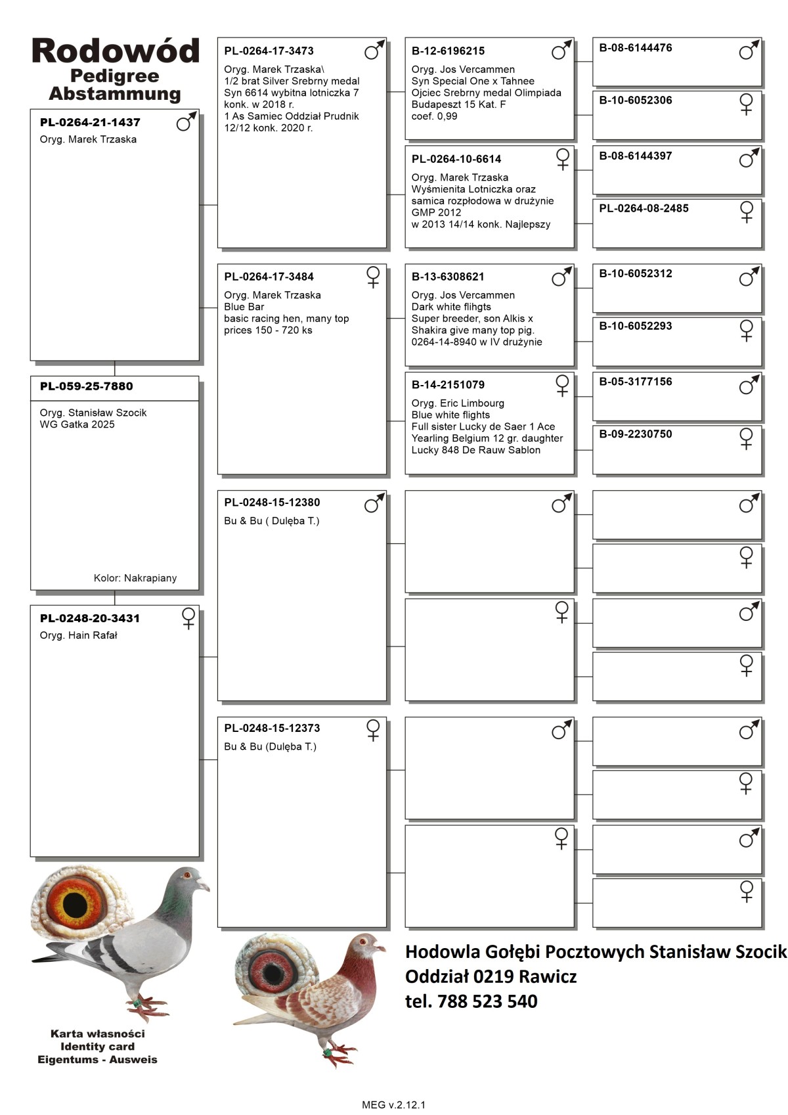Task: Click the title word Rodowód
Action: click(x=115, y=51)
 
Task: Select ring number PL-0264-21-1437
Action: click(x=90, y=122)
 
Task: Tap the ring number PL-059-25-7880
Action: click(x=86, y=386)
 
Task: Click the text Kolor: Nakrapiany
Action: click(x=135, y=578)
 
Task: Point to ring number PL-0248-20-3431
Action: click(x=90, y=618)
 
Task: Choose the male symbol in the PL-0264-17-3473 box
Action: click(x=374, y=50)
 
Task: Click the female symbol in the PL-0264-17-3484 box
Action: click(x=373, y=277)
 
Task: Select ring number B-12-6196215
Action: click(x=448, y=51)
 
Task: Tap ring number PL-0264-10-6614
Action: click(x=456, y=159)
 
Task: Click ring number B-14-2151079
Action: click(x=448, y=385)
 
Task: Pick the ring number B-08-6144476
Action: click(x=636, y=48)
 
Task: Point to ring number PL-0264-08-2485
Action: click(x=644, y=208)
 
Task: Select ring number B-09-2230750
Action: click(x=636, y=434)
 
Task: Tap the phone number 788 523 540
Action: click(x=487, y=1001)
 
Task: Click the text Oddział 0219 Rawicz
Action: click(x=491, y=976)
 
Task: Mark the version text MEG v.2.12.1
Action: click(x=393, y=1104)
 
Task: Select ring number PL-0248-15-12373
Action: click(x=272, y=728)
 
